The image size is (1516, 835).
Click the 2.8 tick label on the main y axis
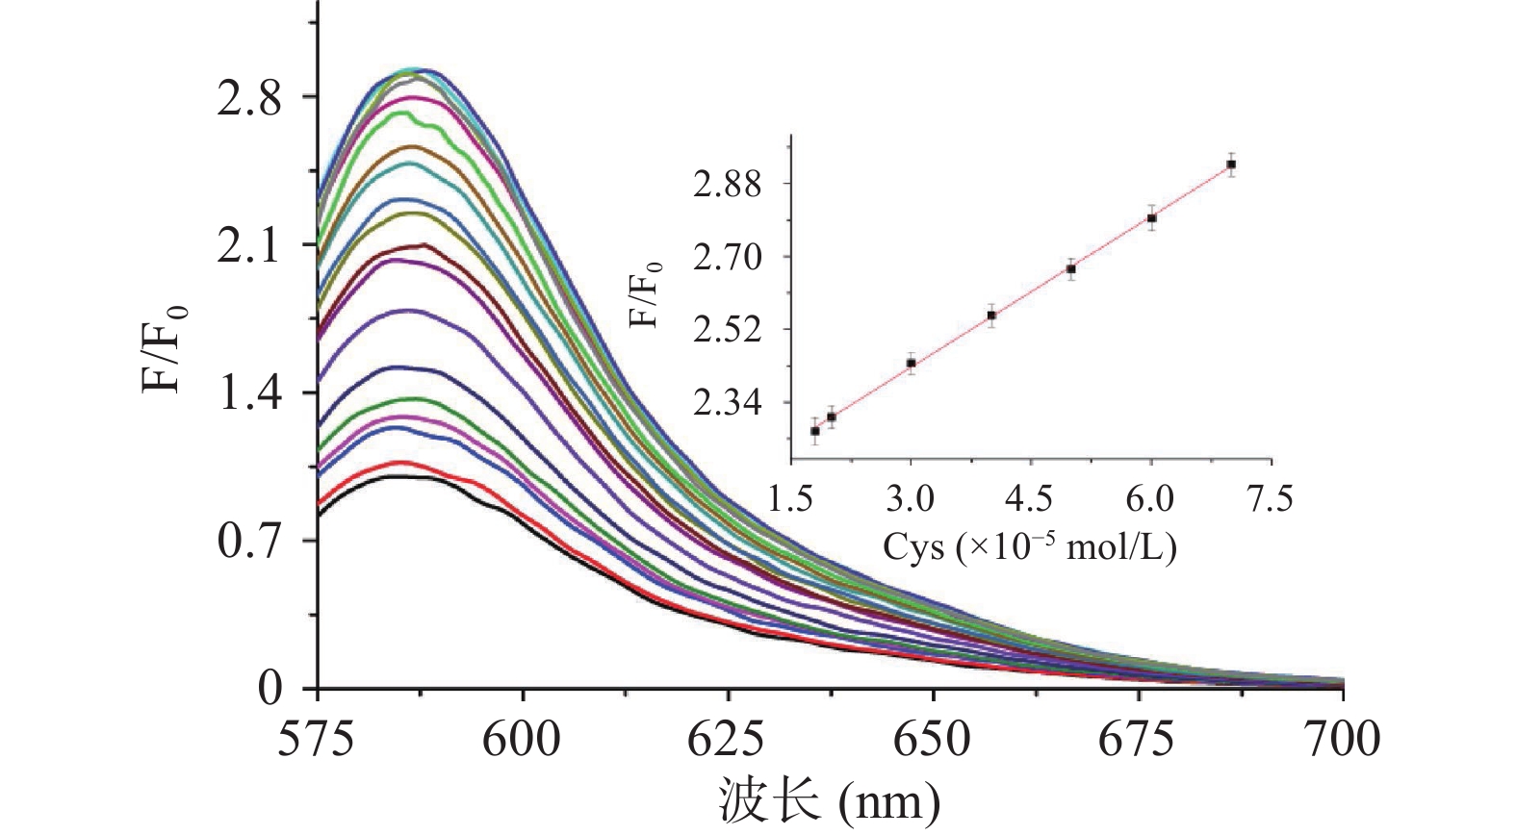point(249,98)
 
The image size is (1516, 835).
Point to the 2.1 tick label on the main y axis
point(249,246)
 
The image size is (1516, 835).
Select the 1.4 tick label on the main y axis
point(249,393)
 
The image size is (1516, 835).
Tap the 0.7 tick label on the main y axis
point(249,542)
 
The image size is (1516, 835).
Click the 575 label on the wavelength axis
point(317,740)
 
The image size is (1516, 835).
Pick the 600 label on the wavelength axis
point(522,740)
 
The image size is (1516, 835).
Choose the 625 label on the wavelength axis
point(727,740)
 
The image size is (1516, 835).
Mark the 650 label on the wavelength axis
point(932,740)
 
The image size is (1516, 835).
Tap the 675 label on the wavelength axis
point(1137,740)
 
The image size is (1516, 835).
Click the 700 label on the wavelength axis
point(1342,740)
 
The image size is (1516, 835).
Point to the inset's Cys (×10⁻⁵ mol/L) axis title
point(1030,546)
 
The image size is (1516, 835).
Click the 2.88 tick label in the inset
point(727,185)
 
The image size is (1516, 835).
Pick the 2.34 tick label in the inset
point(727,403)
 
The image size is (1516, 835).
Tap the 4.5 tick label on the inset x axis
point(1030,499)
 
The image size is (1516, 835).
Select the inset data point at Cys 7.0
point(1231,164)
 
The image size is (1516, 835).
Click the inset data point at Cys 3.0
point(911,364)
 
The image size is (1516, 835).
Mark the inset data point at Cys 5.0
point(1070,269)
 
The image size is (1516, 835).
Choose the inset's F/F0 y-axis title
point(646,294)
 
